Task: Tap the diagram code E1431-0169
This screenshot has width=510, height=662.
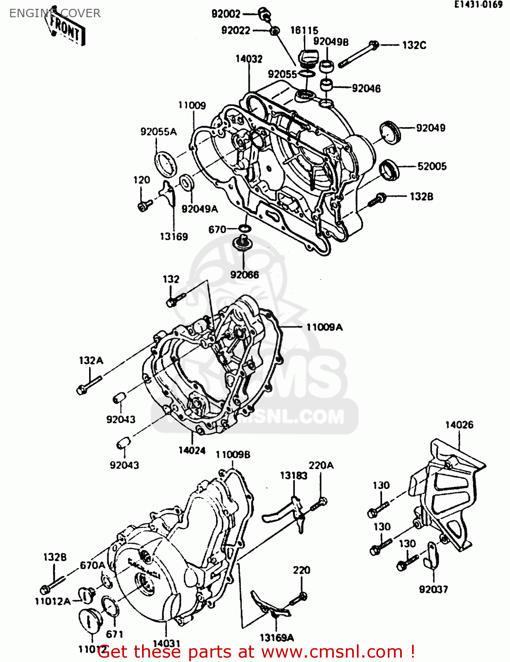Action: pyautogui.click(x=479, y=5)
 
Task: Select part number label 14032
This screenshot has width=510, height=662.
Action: pyautogui.click(x=249, y=59)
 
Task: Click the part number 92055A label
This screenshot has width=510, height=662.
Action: pyautogui.click(x=158, y=132)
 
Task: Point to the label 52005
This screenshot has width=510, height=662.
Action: pyautogui.click(x=432, y=166)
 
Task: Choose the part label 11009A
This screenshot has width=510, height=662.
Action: pyautogui.click(x=324, y=327)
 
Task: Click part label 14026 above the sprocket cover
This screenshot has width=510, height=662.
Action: pyautogui.click(x=459, y=425)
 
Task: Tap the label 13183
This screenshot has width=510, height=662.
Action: pyautogui.click(x=293, y=475)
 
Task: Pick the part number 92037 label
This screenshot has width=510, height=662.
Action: pyautogui.click(x=433, y=589)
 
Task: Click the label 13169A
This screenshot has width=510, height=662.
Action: pyautogui.click(x=277, y=637)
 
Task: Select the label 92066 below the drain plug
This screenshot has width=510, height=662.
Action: pyautogui.click(x=244, y=275)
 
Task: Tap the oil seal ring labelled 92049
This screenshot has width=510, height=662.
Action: pyautogui.click(x=390, y=132)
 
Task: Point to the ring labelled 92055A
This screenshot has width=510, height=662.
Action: pyautogui.click(x=165, y=164)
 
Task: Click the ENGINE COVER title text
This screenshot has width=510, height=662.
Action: pyautogui.click(x=55, y=13)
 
